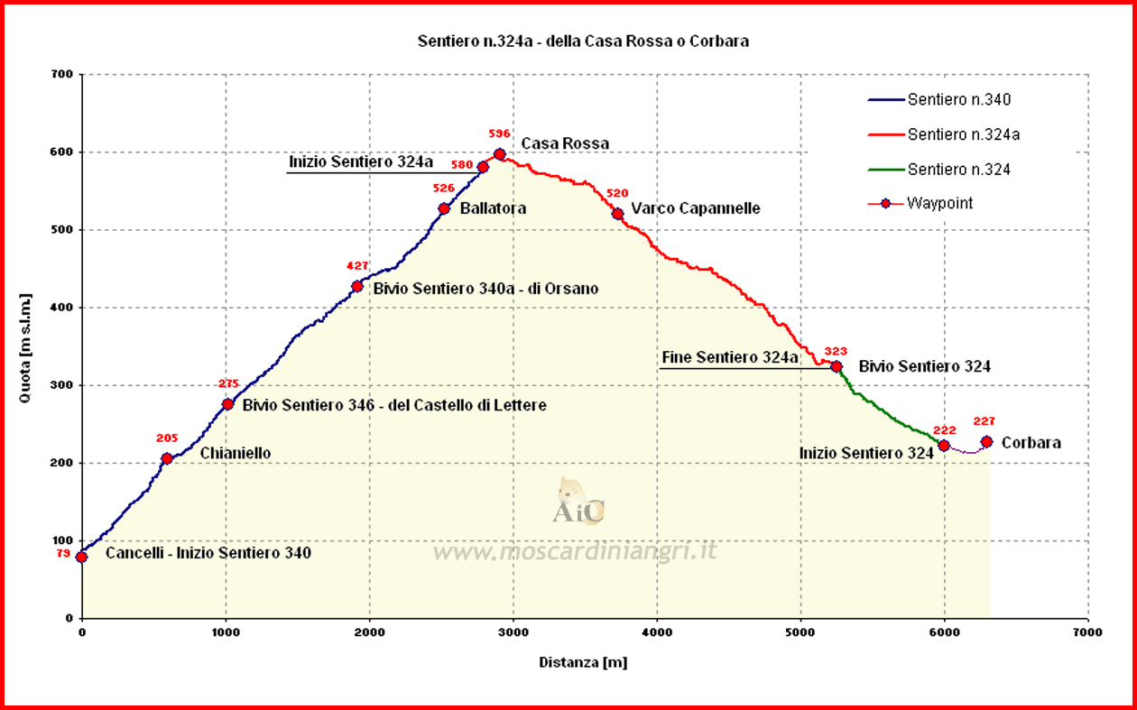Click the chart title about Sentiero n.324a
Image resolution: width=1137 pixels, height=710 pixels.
pyautogui.click(x=583, y=41)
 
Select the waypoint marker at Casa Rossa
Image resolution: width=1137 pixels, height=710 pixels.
pyautogui.click(x=500, y=154)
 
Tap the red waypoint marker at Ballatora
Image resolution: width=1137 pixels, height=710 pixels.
pyautogui.click(x=444, y=208)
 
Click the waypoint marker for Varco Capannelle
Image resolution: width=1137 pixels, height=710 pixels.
pyautogui.click(x=617, y=214)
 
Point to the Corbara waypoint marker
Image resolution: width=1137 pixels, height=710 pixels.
pyautogui.click(x=986, y=442)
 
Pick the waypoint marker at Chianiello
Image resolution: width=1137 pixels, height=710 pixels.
pyautogui.click(x=167, y=458)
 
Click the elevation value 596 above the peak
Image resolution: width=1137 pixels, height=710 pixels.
pyautogui.click(x=499, y=133)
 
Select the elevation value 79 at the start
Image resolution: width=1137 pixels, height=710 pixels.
pyautogui.click(x=63, y=553)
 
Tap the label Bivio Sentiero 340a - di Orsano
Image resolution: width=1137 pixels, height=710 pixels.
pyautogui.click(x=485, y=289)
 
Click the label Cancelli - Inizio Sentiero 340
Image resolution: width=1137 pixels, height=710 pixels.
pyautogui.click(x=208, y=553)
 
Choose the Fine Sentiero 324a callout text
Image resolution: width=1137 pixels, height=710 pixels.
pyautogui.click(x=730, y=358)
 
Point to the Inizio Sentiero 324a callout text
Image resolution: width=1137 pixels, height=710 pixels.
pyautogui.click(x=361, y=162)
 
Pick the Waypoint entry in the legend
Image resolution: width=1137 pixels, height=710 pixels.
pyautogui.click(x=940, y=203)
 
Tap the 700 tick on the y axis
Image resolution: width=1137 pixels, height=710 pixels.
pyautogui.click(x=62, y=74)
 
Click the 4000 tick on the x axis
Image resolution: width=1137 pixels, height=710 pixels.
pyautogui.click(x=657, y=632)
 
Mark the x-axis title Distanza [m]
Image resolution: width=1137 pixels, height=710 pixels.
pyautogui.click(x=583, y=662)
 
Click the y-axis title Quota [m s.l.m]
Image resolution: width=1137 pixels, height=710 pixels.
pyautogui.click(x=26, y=347)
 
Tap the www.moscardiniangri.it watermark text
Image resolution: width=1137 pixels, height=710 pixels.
pyautogui.click(x=575, y=551)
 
